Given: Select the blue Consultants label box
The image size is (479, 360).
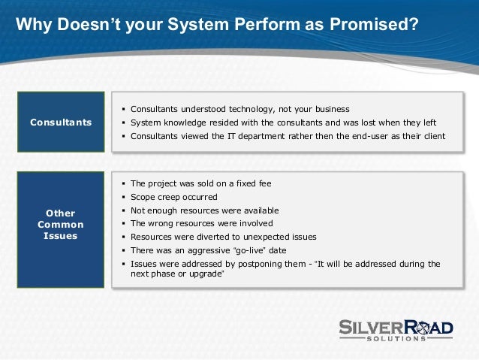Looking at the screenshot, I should tap(62, 122).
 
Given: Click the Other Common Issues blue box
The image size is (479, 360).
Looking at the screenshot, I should tap(62, 225).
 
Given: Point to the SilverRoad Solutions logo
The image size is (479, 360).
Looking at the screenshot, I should tap(395, 327).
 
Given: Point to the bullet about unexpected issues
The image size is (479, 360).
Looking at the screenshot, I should tap(223, 237).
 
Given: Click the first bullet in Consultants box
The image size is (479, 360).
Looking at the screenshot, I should tap(239, 109).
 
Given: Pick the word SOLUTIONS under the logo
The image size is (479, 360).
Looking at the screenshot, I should tap(395, 338).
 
